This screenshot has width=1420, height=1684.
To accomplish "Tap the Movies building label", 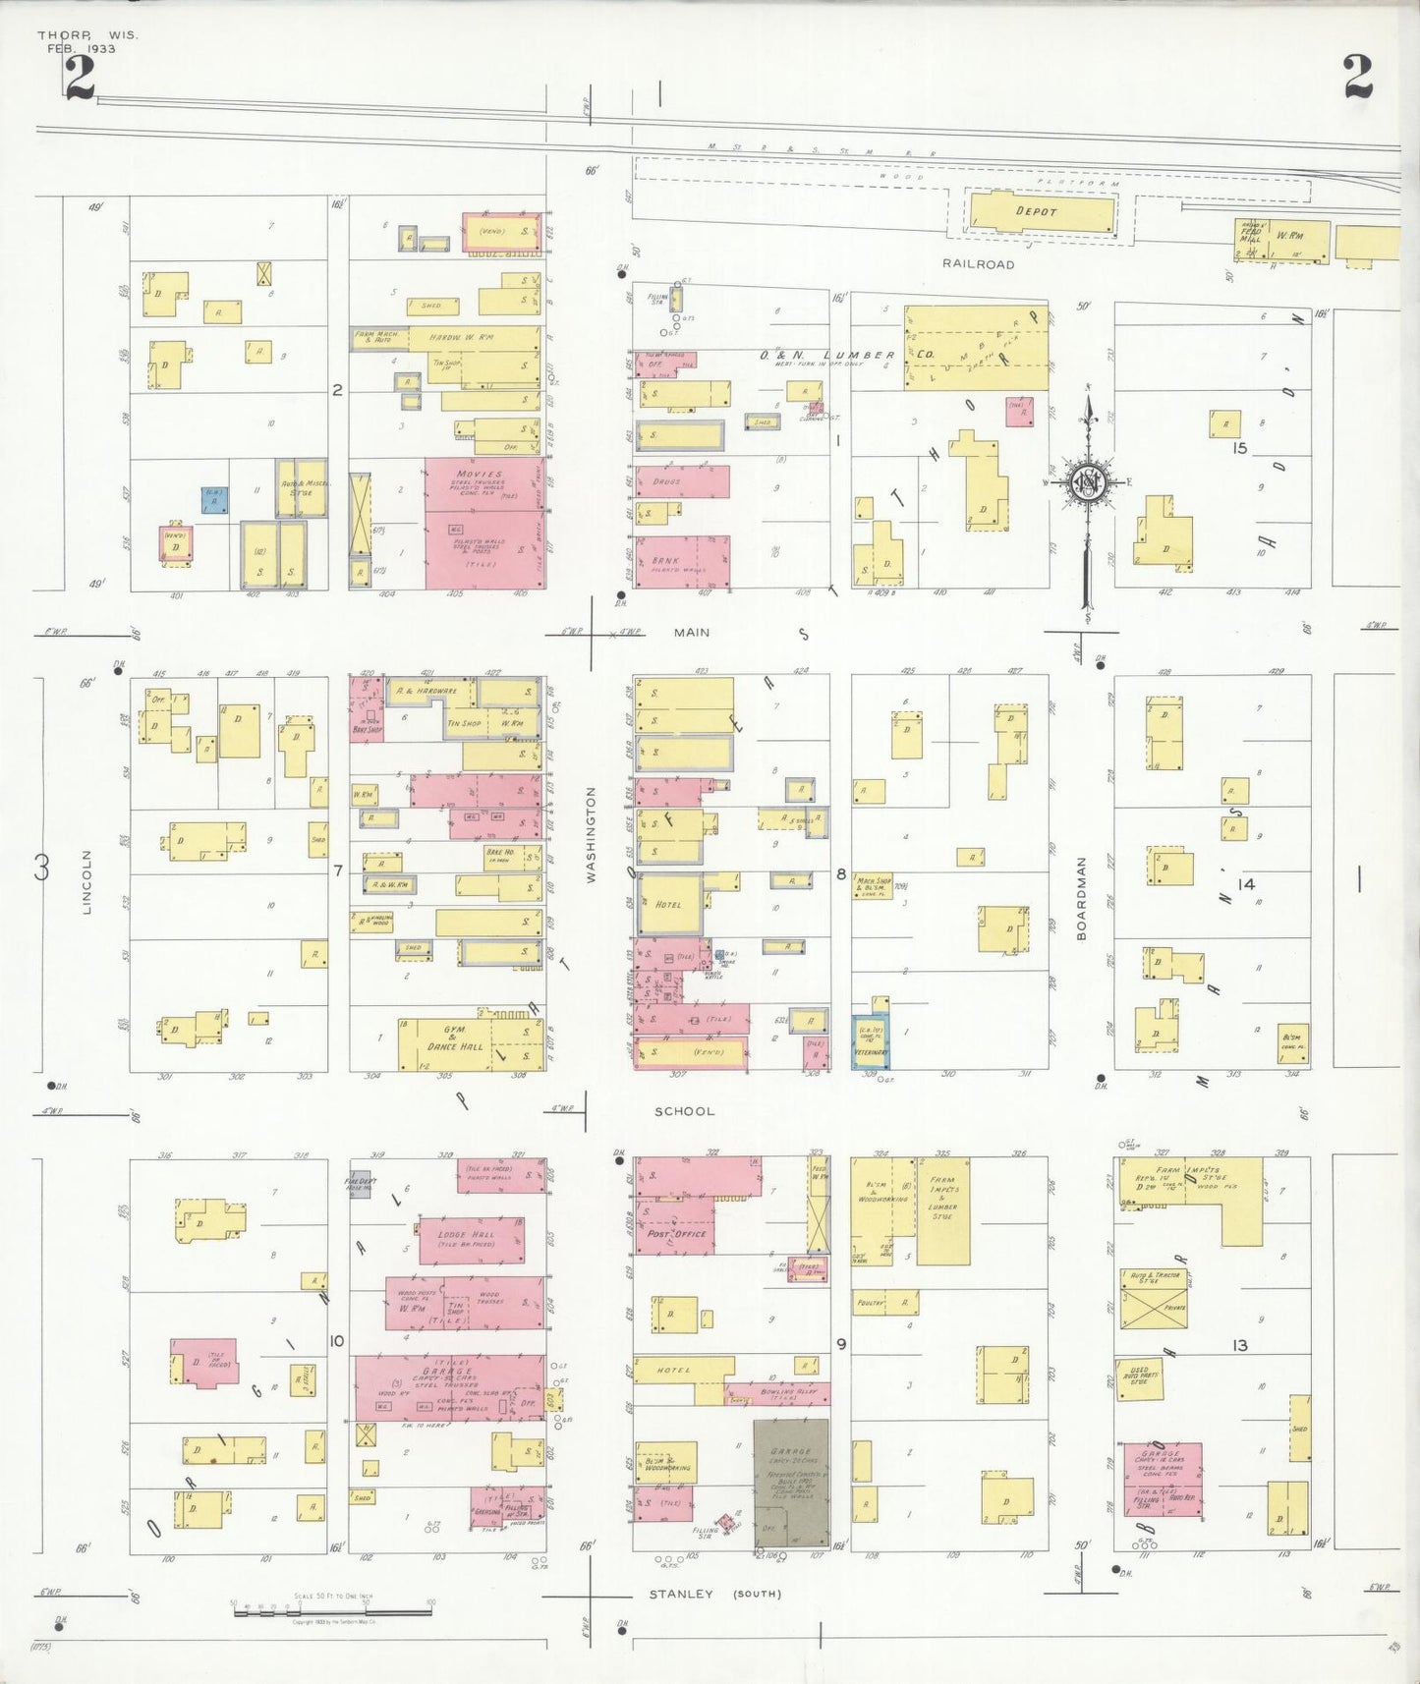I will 479,474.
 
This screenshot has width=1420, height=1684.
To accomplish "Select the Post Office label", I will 676,1233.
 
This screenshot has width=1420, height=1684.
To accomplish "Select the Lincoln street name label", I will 86,882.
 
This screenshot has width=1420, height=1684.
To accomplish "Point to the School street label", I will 685,1111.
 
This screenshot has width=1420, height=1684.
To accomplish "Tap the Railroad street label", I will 978,264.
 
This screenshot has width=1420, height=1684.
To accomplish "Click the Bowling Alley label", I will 783,1392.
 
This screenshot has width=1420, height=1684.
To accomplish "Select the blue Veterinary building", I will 871,1041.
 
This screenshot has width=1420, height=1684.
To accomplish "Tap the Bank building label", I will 665,561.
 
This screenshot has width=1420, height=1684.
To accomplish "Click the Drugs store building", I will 682,482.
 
